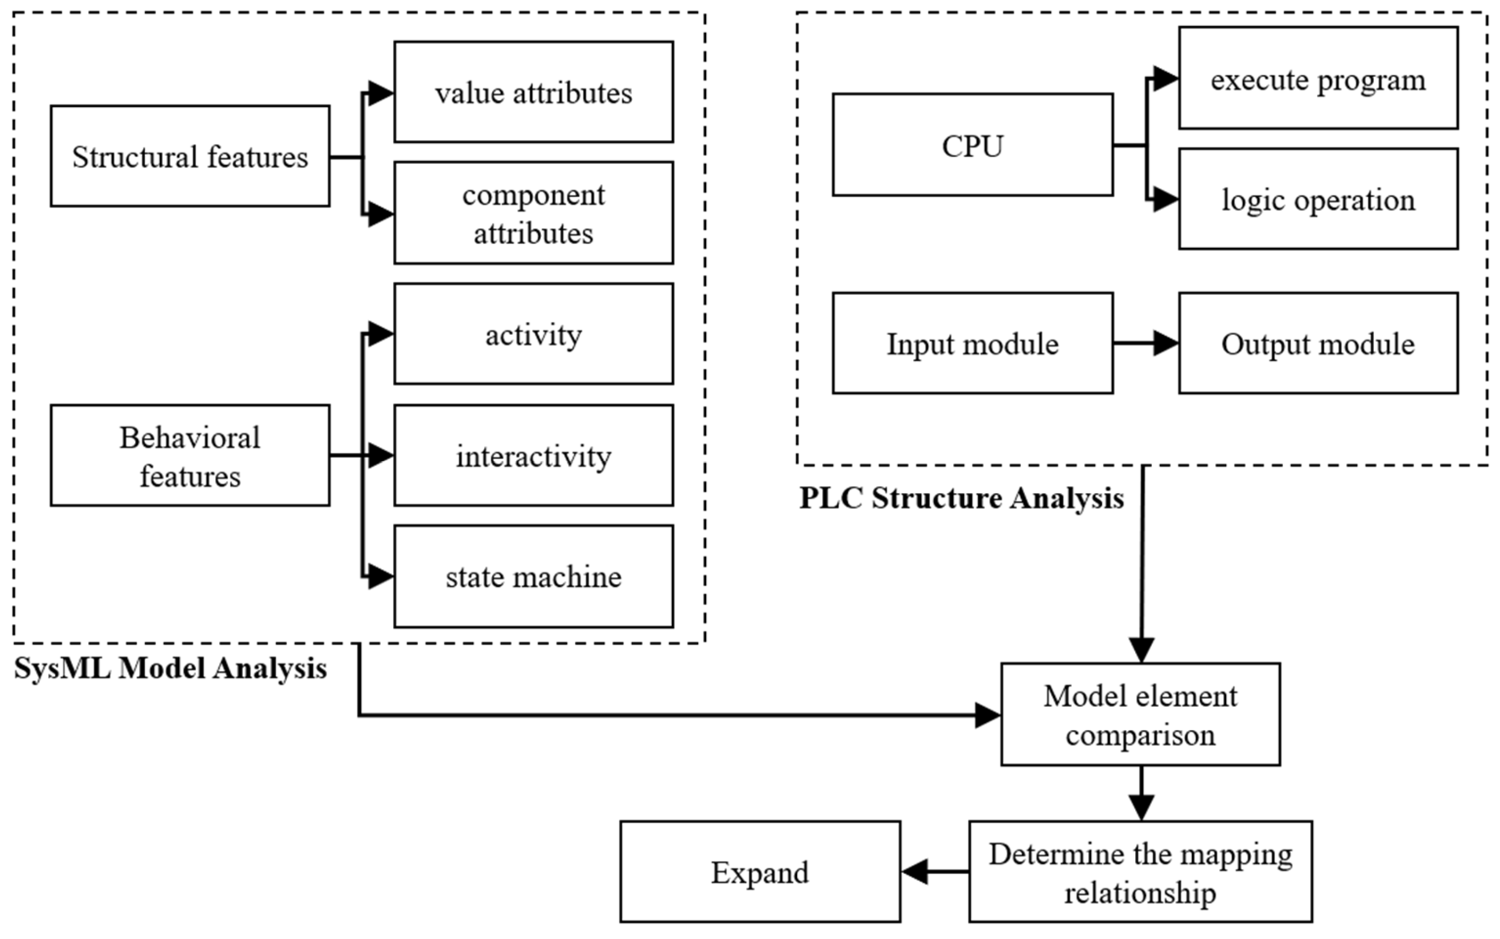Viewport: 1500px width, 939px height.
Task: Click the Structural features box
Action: (x=190, y=156)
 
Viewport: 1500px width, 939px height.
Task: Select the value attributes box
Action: (x=533, y=92)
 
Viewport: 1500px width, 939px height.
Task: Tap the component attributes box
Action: (x=533, y=213)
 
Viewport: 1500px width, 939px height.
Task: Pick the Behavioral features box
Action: (x=190, y=455)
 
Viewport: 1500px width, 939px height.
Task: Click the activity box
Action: (x=533, y=334)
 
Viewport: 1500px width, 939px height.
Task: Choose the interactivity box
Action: (x=533, y=455)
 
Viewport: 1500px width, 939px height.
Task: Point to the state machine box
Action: (x=533, y=576)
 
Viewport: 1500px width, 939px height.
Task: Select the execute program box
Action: (x=1318, y=78)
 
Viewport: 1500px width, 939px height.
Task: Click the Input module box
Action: (x=972, y=343)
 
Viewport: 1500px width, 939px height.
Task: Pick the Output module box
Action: (x=1318, y=343)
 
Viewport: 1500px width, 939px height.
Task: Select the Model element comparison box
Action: (x=1140, y=714)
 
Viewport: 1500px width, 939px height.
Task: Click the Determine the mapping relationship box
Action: (x=1140, y=872)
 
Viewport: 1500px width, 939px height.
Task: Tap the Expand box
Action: (x=760, y=872)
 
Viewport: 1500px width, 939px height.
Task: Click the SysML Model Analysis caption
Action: (x=170, y=668)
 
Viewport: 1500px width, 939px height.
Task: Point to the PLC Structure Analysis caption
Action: (x=961, y=497)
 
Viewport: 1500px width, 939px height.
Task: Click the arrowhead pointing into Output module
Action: (x=1165, y=343)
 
